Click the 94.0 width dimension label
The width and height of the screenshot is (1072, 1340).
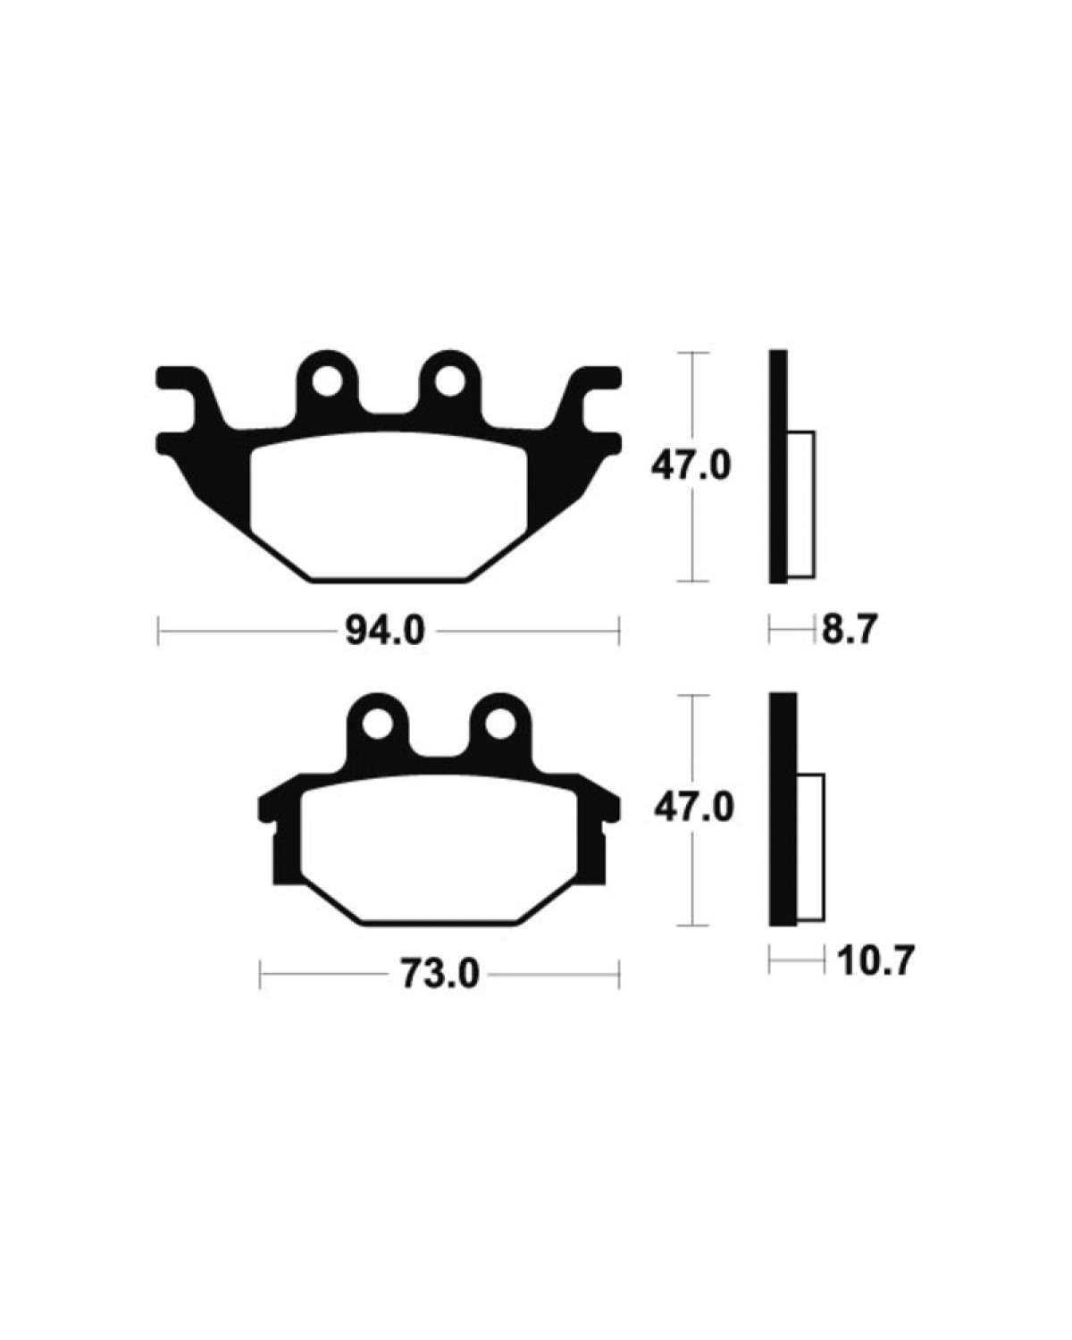click(x=385, y=632)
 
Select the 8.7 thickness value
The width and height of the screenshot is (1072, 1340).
click(x=849, y=630)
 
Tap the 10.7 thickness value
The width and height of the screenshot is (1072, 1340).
click(x=875, y=961)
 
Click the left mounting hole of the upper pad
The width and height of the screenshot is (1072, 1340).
click(x=327, y=383)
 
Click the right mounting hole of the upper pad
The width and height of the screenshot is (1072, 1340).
click(x=449, y=383)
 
